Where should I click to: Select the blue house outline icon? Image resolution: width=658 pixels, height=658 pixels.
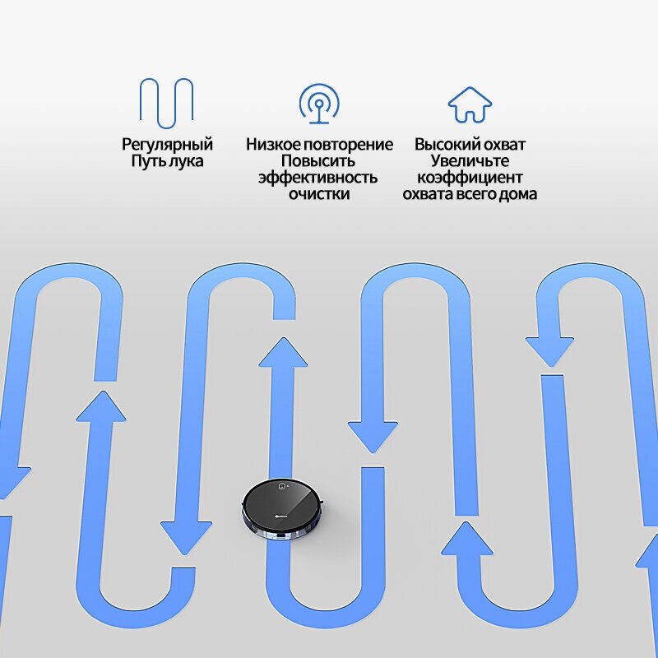click(470, 104)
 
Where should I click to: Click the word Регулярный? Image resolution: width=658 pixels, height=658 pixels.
click(167, 145)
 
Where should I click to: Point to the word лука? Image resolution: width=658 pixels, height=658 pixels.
click(186, 161)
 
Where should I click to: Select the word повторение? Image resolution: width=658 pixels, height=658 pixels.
click(349, 145)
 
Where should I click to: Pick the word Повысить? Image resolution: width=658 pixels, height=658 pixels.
click(319, 161)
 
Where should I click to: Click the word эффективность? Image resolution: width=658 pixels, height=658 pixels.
click(319, 178)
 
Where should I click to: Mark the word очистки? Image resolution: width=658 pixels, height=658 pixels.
click(319, 194)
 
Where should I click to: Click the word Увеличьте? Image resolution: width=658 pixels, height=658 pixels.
click(470, 161)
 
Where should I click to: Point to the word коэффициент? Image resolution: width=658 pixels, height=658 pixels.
click(470, 178)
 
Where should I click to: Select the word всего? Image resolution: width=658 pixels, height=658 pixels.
click(480, 194)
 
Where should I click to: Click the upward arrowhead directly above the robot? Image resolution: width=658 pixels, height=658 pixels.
click(283, 352)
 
